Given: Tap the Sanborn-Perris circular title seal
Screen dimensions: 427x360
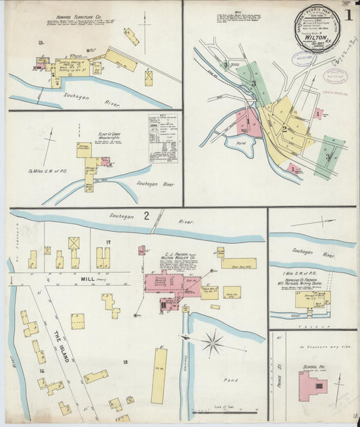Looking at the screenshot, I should pos(317,28).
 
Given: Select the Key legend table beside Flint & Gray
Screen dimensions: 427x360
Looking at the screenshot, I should pos(163,138).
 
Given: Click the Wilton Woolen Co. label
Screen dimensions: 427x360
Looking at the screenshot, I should pos(174,257).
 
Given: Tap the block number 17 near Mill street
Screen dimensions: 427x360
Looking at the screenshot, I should pos(107,241).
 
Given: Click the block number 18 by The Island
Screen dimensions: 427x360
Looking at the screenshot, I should pos(124,363).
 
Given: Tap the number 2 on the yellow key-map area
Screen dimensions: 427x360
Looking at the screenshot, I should pos(284,129).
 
